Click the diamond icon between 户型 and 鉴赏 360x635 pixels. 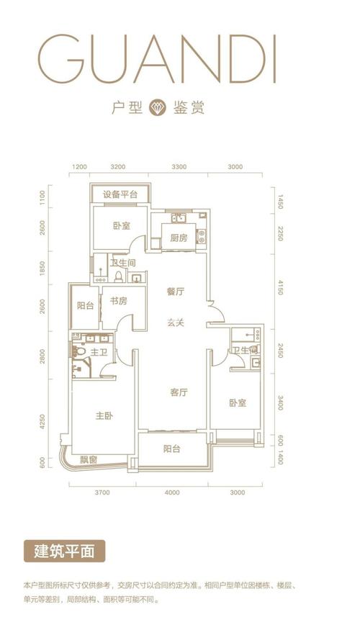[x=157, y=108]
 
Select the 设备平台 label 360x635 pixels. [x=120, y=194]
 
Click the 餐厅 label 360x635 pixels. [x=176, y=292]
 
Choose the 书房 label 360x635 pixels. [x=118, y=301]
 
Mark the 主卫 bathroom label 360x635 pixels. [x=99, y=352]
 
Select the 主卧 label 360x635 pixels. [x=105, y=416]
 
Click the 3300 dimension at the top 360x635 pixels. [x=179, y=167]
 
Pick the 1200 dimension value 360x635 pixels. [x=79, y=167]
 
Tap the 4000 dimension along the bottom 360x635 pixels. [x=171, y=492]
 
